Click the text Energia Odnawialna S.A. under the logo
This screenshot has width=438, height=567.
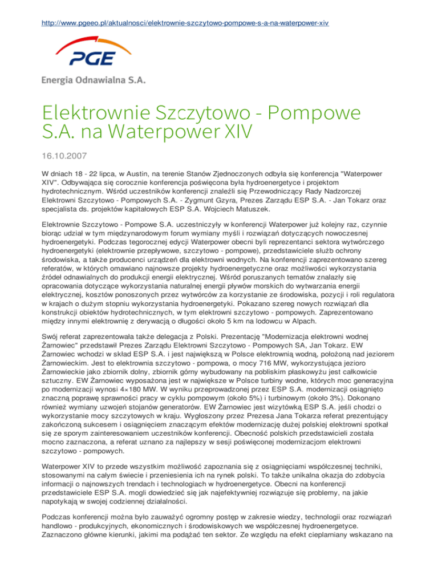pyautogui.click(x=94, y=80)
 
